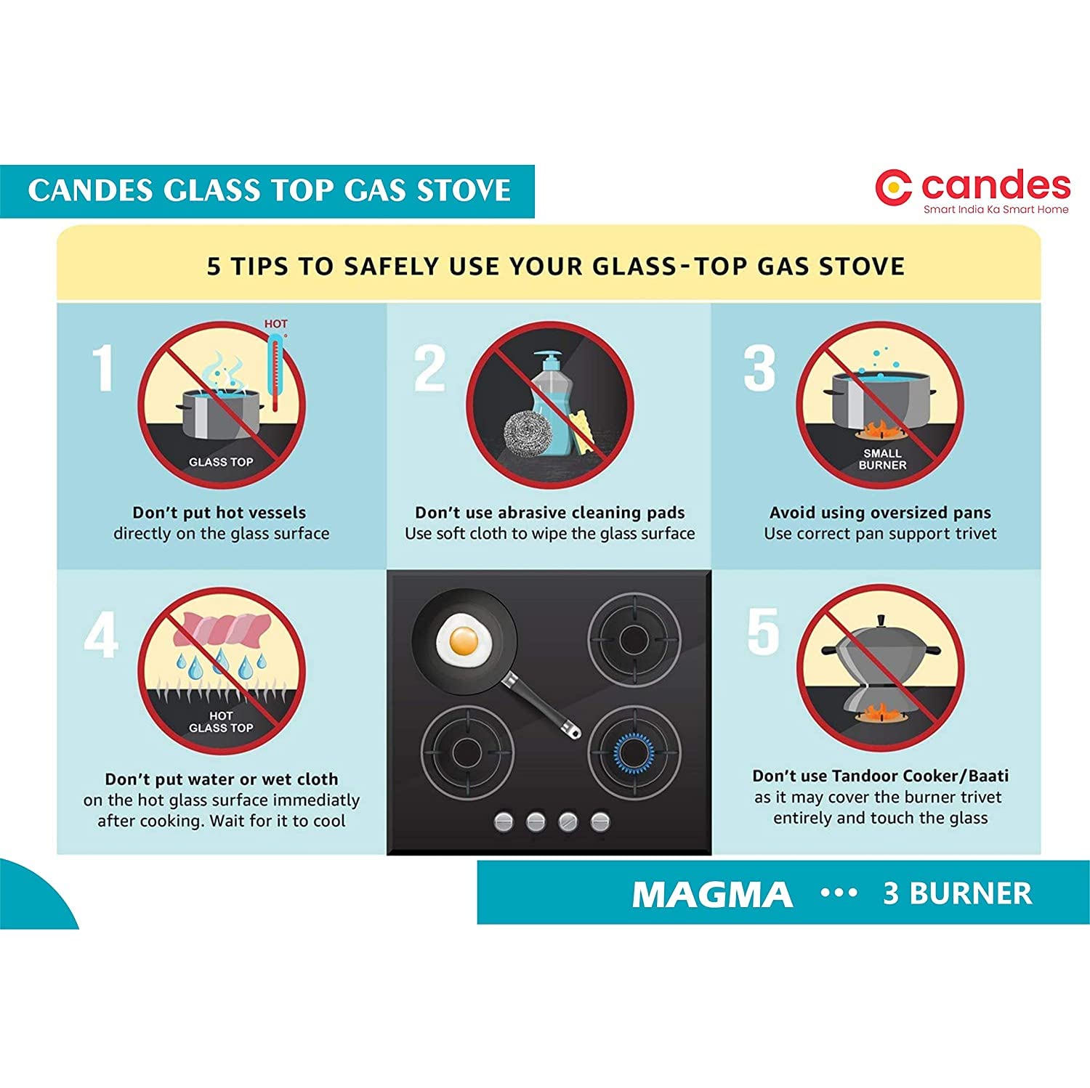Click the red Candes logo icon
[894, 188]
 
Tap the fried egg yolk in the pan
[464, 641]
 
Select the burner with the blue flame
[634, 751]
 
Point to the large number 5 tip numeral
[763, 631]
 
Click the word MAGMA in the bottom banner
[712, 894]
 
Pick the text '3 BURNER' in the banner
[957, 893]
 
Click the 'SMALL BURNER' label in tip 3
[882, 459]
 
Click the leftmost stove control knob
[504, 822]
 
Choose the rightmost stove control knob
[599, 822]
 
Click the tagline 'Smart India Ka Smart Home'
[996, 209]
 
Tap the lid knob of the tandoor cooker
[881, 621]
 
